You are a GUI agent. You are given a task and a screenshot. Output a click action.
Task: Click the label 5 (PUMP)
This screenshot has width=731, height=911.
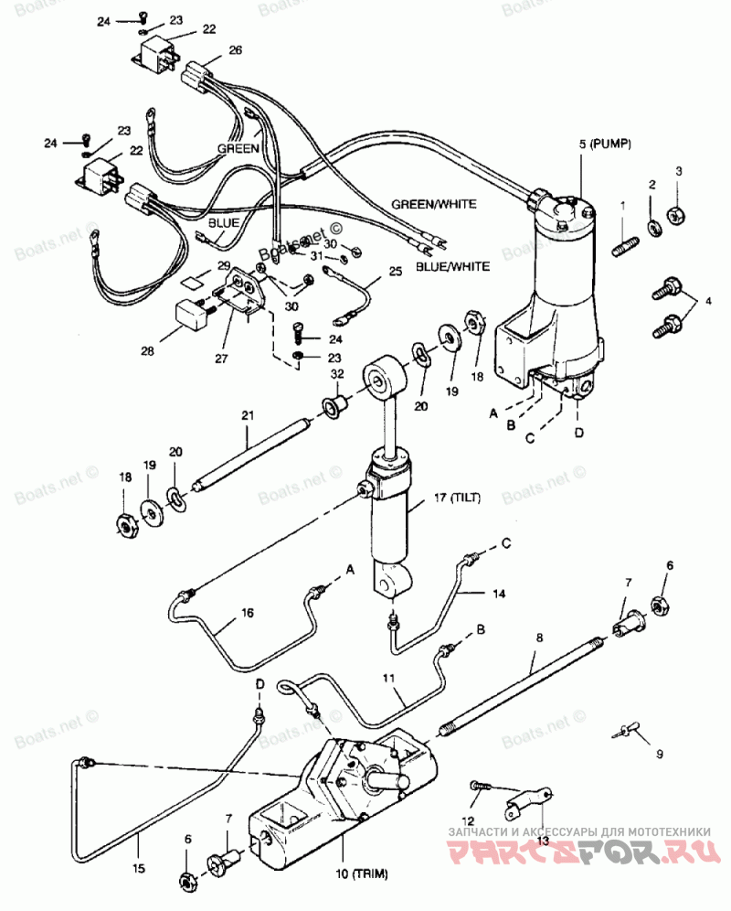pos(605,145)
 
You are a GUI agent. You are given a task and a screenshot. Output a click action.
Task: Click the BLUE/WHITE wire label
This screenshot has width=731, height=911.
pos(452,266)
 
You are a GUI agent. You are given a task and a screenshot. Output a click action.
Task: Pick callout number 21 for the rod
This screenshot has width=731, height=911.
pos(247,416)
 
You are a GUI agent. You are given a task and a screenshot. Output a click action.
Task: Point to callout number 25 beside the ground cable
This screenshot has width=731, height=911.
pos(395,271)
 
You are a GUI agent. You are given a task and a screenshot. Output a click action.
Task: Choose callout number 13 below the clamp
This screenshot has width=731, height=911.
pos(543,840)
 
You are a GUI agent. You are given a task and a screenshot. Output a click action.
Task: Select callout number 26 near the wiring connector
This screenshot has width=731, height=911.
pos(235,50)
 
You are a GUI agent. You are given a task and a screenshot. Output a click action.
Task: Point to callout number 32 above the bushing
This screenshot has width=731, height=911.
pos(336,374)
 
